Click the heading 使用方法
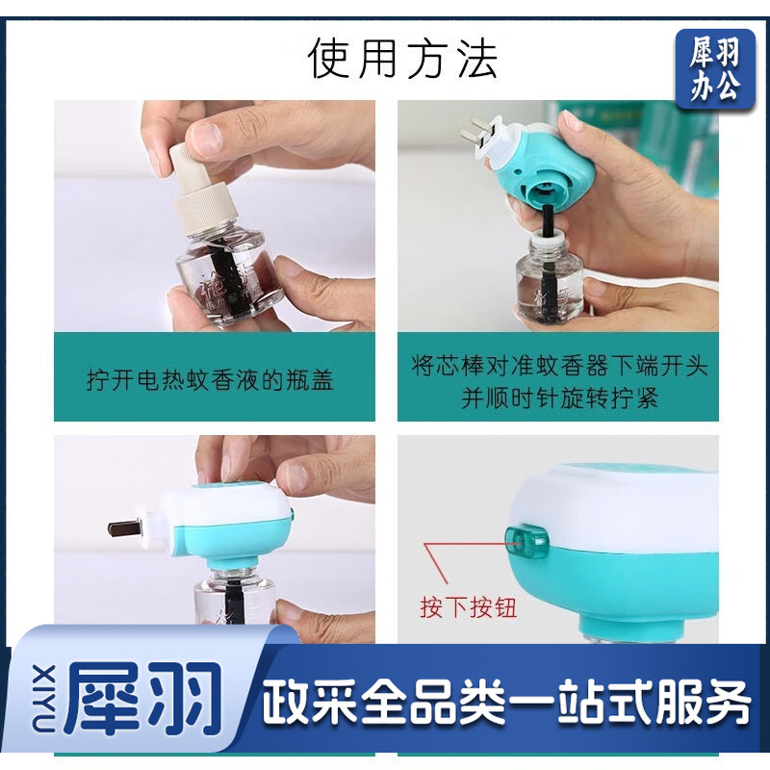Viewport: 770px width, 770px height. click(x=402, y=59)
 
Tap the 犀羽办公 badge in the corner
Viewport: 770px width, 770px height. click(x=715, y=68)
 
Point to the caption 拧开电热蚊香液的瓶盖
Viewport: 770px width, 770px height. click(x=210, y=380)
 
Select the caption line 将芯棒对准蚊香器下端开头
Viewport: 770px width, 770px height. click(x=558, y=366)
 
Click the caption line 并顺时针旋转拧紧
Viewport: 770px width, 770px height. click(x=559, y=398)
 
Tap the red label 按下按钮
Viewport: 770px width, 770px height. click(x=468, y=607)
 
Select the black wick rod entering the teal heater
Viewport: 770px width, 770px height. click(x=547, y=220)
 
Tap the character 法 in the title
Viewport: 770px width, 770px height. click(x=477, y=59)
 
